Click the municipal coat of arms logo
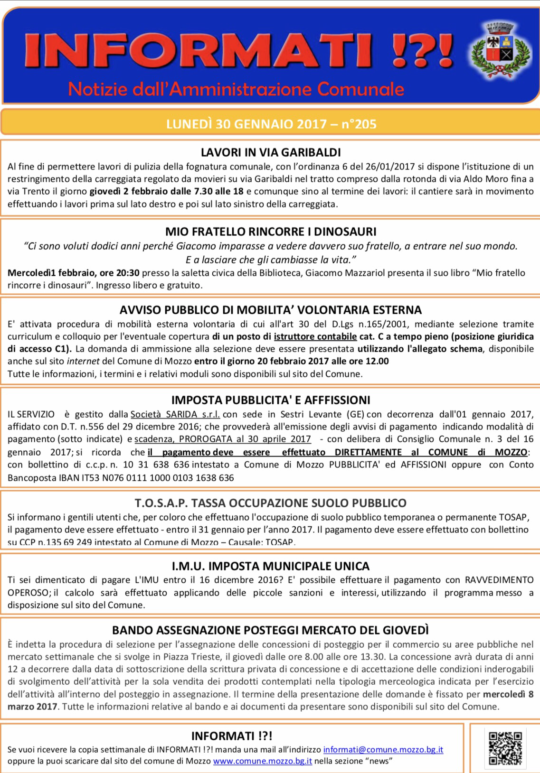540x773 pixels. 499,50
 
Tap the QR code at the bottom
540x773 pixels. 505,748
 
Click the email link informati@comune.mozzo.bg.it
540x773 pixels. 383,750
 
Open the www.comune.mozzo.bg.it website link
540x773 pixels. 262,761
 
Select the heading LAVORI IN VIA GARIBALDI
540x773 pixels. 271,152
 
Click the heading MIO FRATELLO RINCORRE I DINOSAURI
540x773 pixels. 271,232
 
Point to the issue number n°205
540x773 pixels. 359,124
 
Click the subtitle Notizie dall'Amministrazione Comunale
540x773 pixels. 236,89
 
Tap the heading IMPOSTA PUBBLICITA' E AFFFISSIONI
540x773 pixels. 271,400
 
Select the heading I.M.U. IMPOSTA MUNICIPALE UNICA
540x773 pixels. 271,566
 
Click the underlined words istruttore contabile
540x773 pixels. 315,336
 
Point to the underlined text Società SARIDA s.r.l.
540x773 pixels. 175,414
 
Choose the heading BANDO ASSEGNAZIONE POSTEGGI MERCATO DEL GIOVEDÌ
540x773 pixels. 271,630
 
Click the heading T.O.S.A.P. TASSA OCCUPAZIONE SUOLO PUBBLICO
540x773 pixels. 271,503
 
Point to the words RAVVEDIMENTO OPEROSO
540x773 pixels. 499,580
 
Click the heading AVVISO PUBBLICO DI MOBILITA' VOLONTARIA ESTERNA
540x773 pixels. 271,310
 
